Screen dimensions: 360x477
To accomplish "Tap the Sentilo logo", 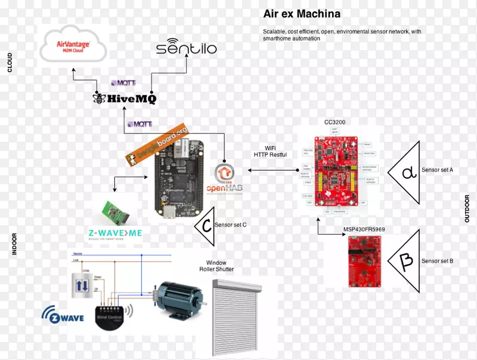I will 186,47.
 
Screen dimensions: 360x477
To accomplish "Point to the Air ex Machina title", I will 302,14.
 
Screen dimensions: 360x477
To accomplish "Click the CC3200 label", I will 334,122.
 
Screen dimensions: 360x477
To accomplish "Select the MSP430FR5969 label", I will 364,228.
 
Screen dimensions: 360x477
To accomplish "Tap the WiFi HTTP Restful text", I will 270,151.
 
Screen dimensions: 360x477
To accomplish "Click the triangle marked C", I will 205,226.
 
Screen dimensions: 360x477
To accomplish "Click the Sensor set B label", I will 437,261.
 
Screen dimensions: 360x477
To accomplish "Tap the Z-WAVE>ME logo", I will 113,233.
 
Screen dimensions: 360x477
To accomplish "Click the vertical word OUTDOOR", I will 467,209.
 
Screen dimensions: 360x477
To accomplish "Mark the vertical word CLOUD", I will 10,62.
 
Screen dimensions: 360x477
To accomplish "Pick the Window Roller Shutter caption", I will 216,266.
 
